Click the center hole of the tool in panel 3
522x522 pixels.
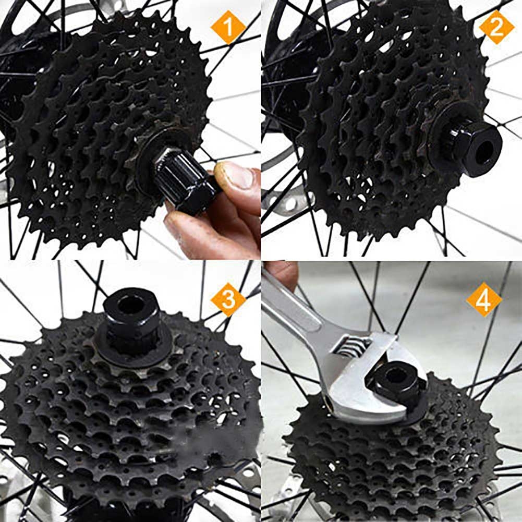pyautogui.click(x=128, y=304)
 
